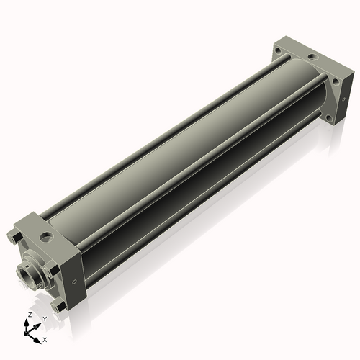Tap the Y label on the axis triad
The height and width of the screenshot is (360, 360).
click(x=45, y=318)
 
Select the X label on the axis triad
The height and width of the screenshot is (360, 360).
click(x=45, y=338)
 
